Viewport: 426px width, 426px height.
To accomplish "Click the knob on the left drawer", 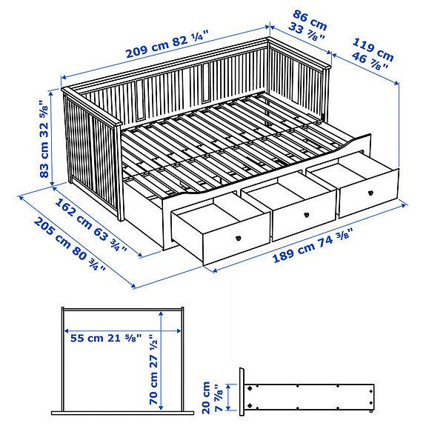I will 239,237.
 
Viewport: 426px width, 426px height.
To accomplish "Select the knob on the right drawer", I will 369,191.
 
